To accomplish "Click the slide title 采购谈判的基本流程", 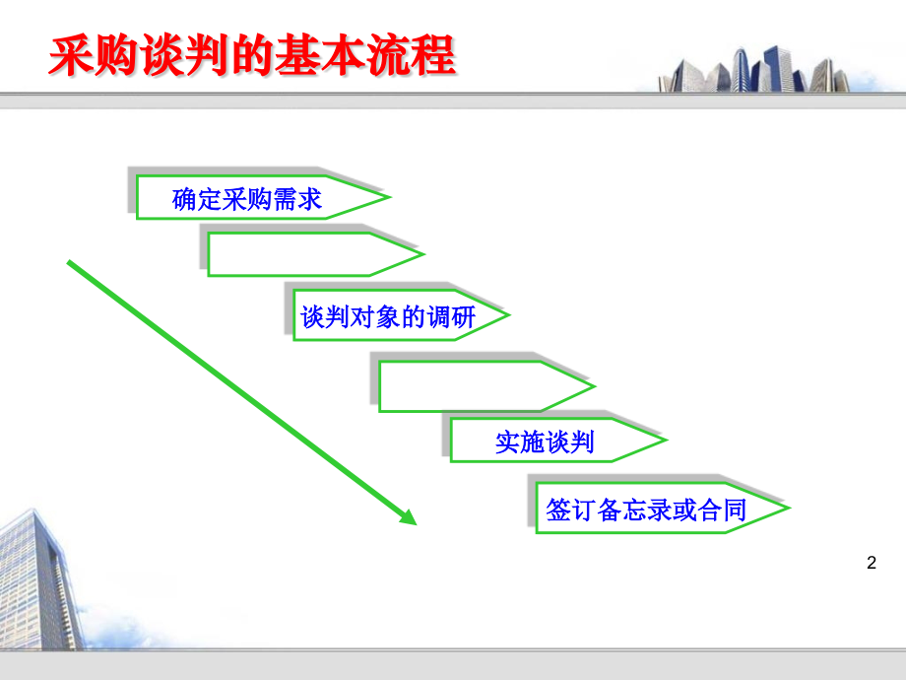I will click(x=252, y=56).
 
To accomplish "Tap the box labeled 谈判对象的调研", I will click(x=388, y=317).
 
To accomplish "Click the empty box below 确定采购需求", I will click(x=300, y=254).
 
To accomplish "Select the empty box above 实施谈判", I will click(x=473, y=386).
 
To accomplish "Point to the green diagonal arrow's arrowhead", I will click(x=408, y=516).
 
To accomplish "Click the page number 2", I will click(x=871, y=564).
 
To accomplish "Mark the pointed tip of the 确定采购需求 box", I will click(x=387, y=199).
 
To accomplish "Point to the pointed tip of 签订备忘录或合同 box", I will click(x=787, y=509).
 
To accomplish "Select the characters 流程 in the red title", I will click(x=421, y=56).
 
